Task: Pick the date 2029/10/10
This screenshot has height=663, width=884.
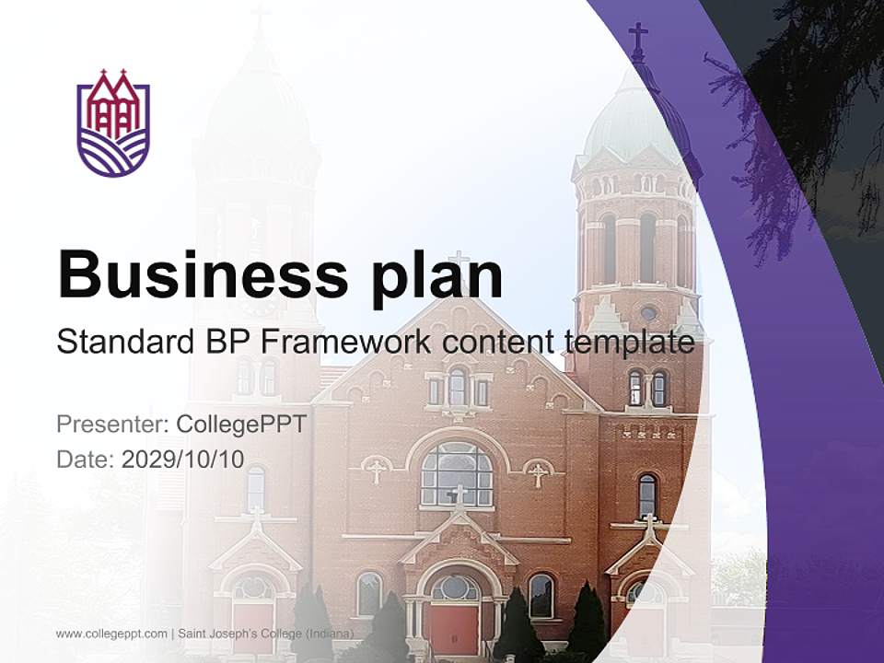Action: pos(183,459)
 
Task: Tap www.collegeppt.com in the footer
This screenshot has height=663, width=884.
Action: pos(111,634)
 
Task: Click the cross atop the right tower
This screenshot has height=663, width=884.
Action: pos(637,38)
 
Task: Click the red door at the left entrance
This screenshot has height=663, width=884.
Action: pos(253,626)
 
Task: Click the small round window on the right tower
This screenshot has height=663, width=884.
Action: pos(648,313)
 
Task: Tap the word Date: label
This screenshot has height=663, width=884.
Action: pos(85,459)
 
